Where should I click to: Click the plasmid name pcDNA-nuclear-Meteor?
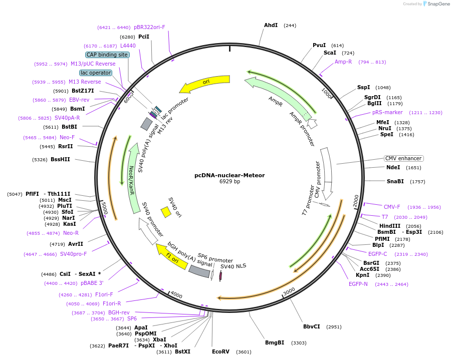click(x=230, y=175)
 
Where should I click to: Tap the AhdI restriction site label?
click(x=271, y=26)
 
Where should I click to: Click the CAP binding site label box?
click(x=108, y=55)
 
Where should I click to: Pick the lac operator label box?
click(x=96, y=73)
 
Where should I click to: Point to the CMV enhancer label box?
click(x=403, y=158)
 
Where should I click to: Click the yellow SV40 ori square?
click(x=166, y=212)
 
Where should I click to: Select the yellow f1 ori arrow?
click(x=171, y=256)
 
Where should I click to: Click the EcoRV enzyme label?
click(x=220, y=351)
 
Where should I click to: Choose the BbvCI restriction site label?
click(x=311, y=326)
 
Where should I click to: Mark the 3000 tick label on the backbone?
click(x=289, y=291)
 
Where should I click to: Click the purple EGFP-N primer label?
click(x=358, y=284)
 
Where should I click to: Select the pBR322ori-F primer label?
click(x=149, y=27)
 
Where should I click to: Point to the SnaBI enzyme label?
click(x=395, y=181)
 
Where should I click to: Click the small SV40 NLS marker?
click(x=220, y=275)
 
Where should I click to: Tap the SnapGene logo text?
click(x=438, y=4)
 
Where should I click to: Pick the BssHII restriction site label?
click(x=60, y=159)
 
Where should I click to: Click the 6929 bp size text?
click(x=230, y=181)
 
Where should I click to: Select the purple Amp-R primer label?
click(x=343, y=62)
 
